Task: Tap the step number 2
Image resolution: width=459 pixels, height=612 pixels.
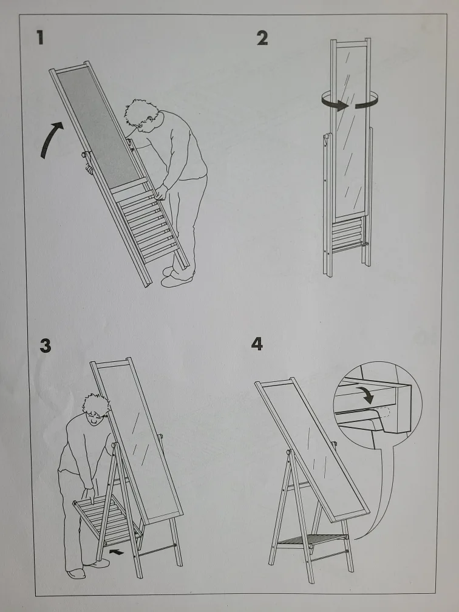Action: click(262, 38)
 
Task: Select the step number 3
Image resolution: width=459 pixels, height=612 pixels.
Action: click(45, 345)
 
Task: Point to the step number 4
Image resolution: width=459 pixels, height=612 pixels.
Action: click(257, 344)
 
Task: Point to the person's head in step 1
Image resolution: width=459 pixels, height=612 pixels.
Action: click(141, 115)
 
